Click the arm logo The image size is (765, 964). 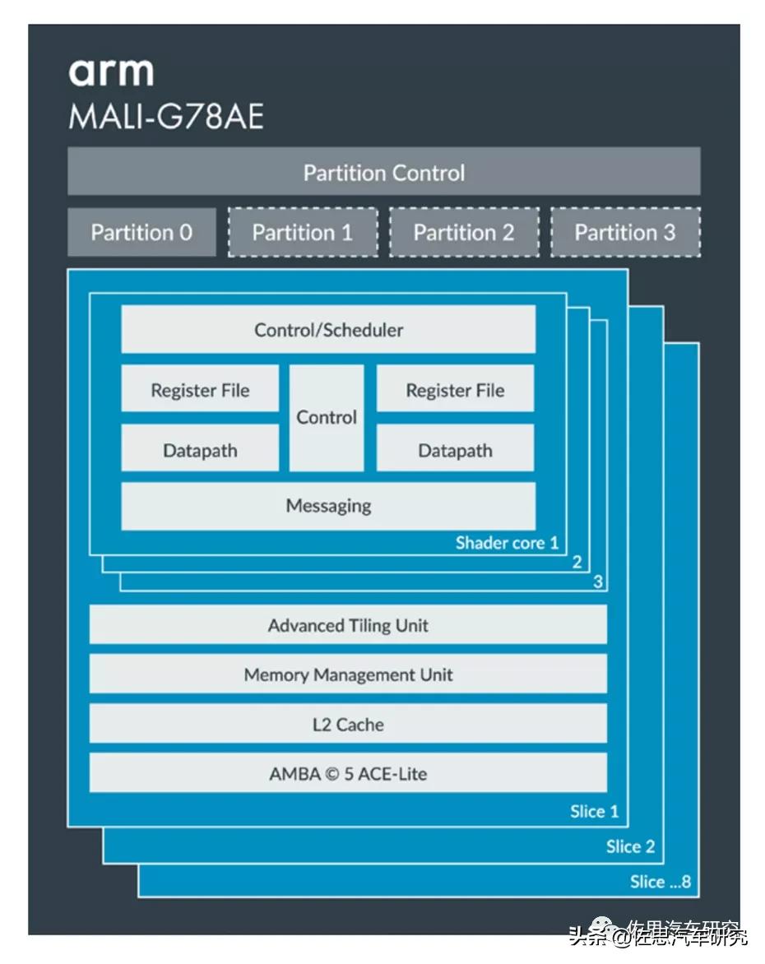pos(111,72)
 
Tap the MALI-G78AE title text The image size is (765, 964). pos(166,117)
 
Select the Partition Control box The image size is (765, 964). pos(383,173)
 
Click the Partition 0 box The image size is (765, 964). pos(141,232)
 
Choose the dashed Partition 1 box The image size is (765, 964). pos(302,232)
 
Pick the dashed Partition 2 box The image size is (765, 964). pos(463,232)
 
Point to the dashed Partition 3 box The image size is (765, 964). pos(624,232)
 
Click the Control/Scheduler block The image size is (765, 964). pos(328,330)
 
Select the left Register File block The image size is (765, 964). pos(200,390)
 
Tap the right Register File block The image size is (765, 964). pos(455,390)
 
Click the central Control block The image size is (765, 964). pos(327,418)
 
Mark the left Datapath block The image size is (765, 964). pos(200,450)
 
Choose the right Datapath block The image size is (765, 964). pos(455,450)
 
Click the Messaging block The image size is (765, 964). pos(328,506)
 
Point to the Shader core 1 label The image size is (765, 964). pos(507,543)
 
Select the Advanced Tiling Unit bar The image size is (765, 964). pos(348,625)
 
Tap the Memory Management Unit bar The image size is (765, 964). pos(348,675)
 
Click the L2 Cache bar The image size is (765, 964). pos(348,725)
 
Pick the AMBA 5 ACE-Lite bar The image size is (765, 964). pos(348,774)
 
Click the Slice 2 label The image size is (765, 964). pos(630,846)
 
